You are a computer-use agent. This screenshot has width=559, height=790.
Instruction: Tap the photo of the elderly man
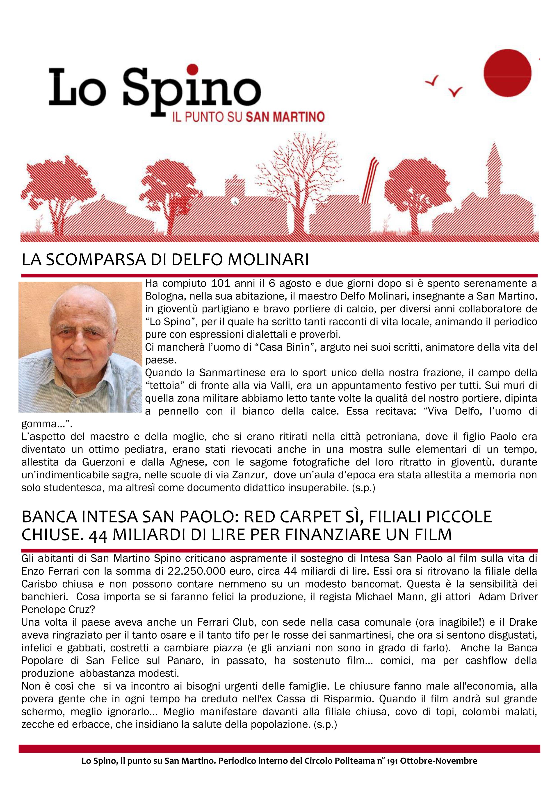click(x=80, y=347)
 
